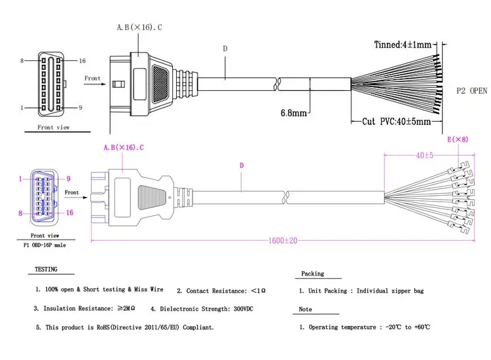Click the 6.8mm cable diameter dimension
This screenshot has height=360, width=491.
coord(293,113)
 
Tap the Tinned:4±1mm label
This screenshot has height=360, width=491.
coord(403,45)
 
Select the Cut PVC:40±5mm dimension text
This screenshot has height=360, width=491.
coord(397,122)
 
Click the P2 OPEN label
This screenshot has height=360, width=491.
coord(471,91)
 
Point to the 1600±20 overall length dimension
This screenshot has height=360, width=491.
coord(283,241)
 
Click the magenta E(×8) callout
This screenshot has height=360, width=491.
coord(458,139)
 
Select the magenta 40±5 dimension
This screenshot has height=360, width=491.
coord(425,155)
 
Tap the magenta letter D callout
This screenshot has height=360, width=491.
coord(242,166)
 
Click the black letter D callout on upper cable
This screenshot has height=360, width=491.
coord(225,48)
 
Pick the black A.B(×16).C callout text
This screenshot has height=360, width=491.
coord(139,27)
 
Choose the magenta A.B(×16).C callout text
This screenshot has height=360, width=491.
coord(124,147)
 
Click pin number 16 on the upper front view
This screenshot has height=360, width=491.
coord(82,61)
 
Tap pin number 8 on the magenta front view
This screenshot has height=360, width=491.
coord(20,213)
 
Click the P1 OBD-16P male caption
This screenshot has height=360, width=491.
coord(45,245)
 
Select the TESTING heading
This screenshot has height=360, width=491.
coord(46,269)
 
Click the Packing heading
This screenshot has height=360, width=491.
coord(312,274)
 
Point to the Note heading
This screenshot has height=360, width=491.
coord(305,310)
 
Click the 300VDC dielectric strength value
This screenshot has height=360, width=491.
coord(243,309)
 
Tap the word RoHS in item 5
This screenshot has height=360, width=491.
coord(103,327)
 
